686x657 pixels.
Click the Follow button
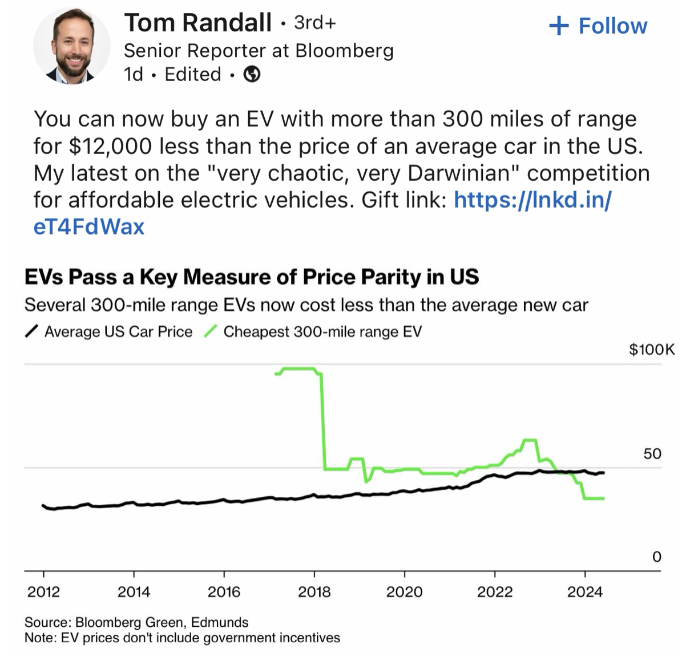(x=598, y=26)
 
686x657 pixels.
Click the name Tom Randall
(x=197, y=23)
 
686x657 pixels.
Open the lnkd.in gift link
(x=532, y=200)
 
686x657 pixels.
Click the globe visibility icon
(x=252, y=74)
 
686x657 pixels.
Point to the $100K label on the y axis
(x=651, y=349)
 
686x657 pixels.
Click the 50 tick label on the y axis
(x=652, y=453)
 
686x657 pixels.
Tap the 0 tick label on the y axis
(x=656, y=556)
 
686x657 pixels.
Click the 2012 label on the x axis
(x=43, y=591)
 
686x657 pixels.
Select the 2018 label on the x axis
(x=314, y=591)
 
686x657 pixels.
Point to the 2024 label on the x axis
(x=584, y=591)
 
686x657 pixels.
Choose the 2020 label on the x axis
(x=404, y=591)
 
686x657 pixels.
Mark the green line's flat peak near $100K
(x=298, y=368)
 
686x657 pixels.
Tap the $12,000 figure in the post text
(x=111, y=146)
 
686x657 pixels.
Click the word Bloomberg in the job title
(x=344, y=51)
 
